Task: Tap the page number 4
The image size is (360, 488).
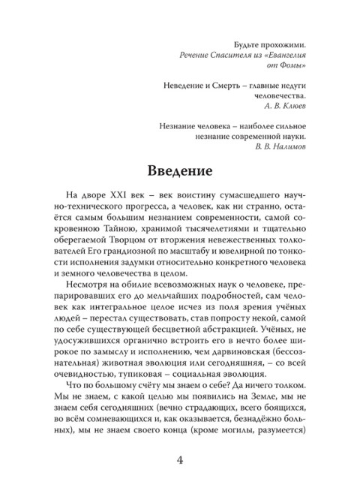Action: tap(180, 459)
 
